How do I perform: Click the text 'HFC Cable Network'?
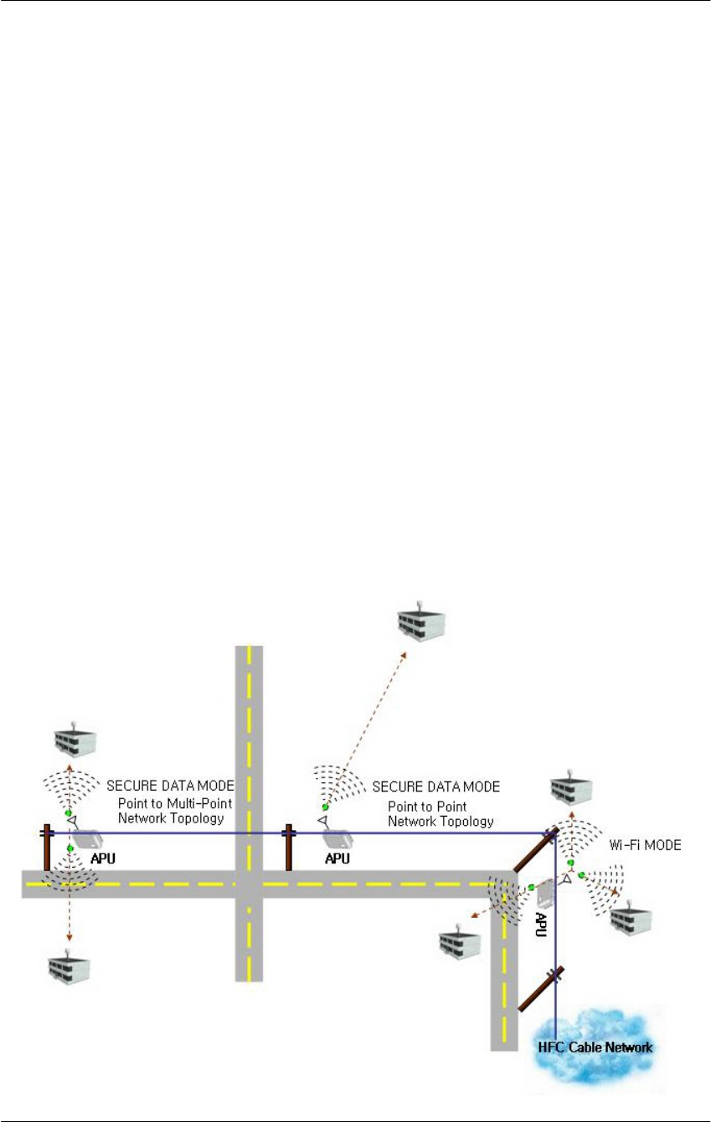[595, 1046]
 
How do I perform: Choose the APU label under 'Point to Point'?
[337, 858]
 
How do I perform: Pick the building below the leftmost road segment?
[69, 966]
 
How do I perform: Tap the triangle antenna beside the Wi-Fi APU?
[567, 881]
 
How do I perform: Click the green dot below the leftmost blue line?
[70, 848]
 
